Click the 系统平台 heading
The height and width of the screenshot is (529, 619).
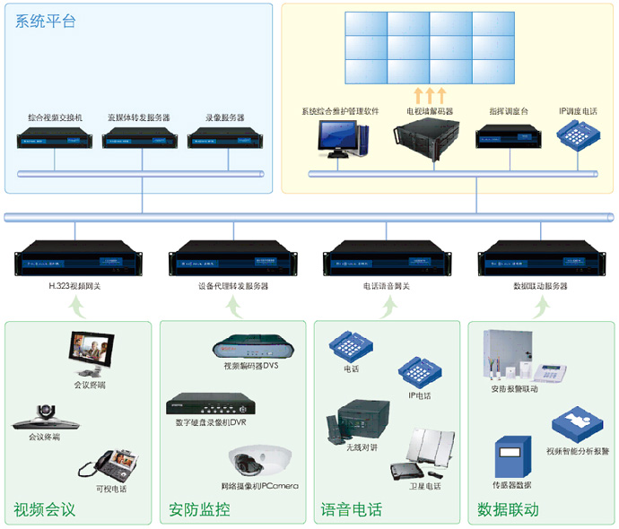tap(45, 21)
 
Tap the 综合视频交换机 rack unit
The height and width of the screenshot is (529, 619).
tap(55, 139)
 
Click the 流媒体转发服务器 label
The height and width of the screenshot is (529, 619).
tap(138, 117)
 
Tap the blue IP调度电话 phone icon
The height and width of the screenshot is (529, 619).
tap(578, 135)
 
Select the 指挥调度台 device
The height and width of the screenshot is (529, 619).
tap(508, 137)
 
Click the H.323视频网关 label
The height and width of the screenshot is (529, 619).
tap(75, 286)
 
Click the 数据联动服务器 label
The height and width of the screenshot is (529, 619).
tap(542, 286)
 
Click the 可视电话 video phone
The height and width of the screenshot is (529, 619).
tap(111, 466)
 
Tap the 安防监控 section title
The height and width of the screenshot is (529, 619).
tap(199, 510)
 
